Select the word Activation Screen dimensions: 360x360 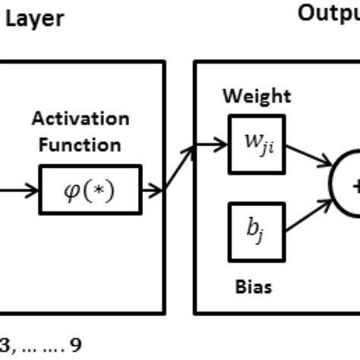(x=80, y=119)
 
